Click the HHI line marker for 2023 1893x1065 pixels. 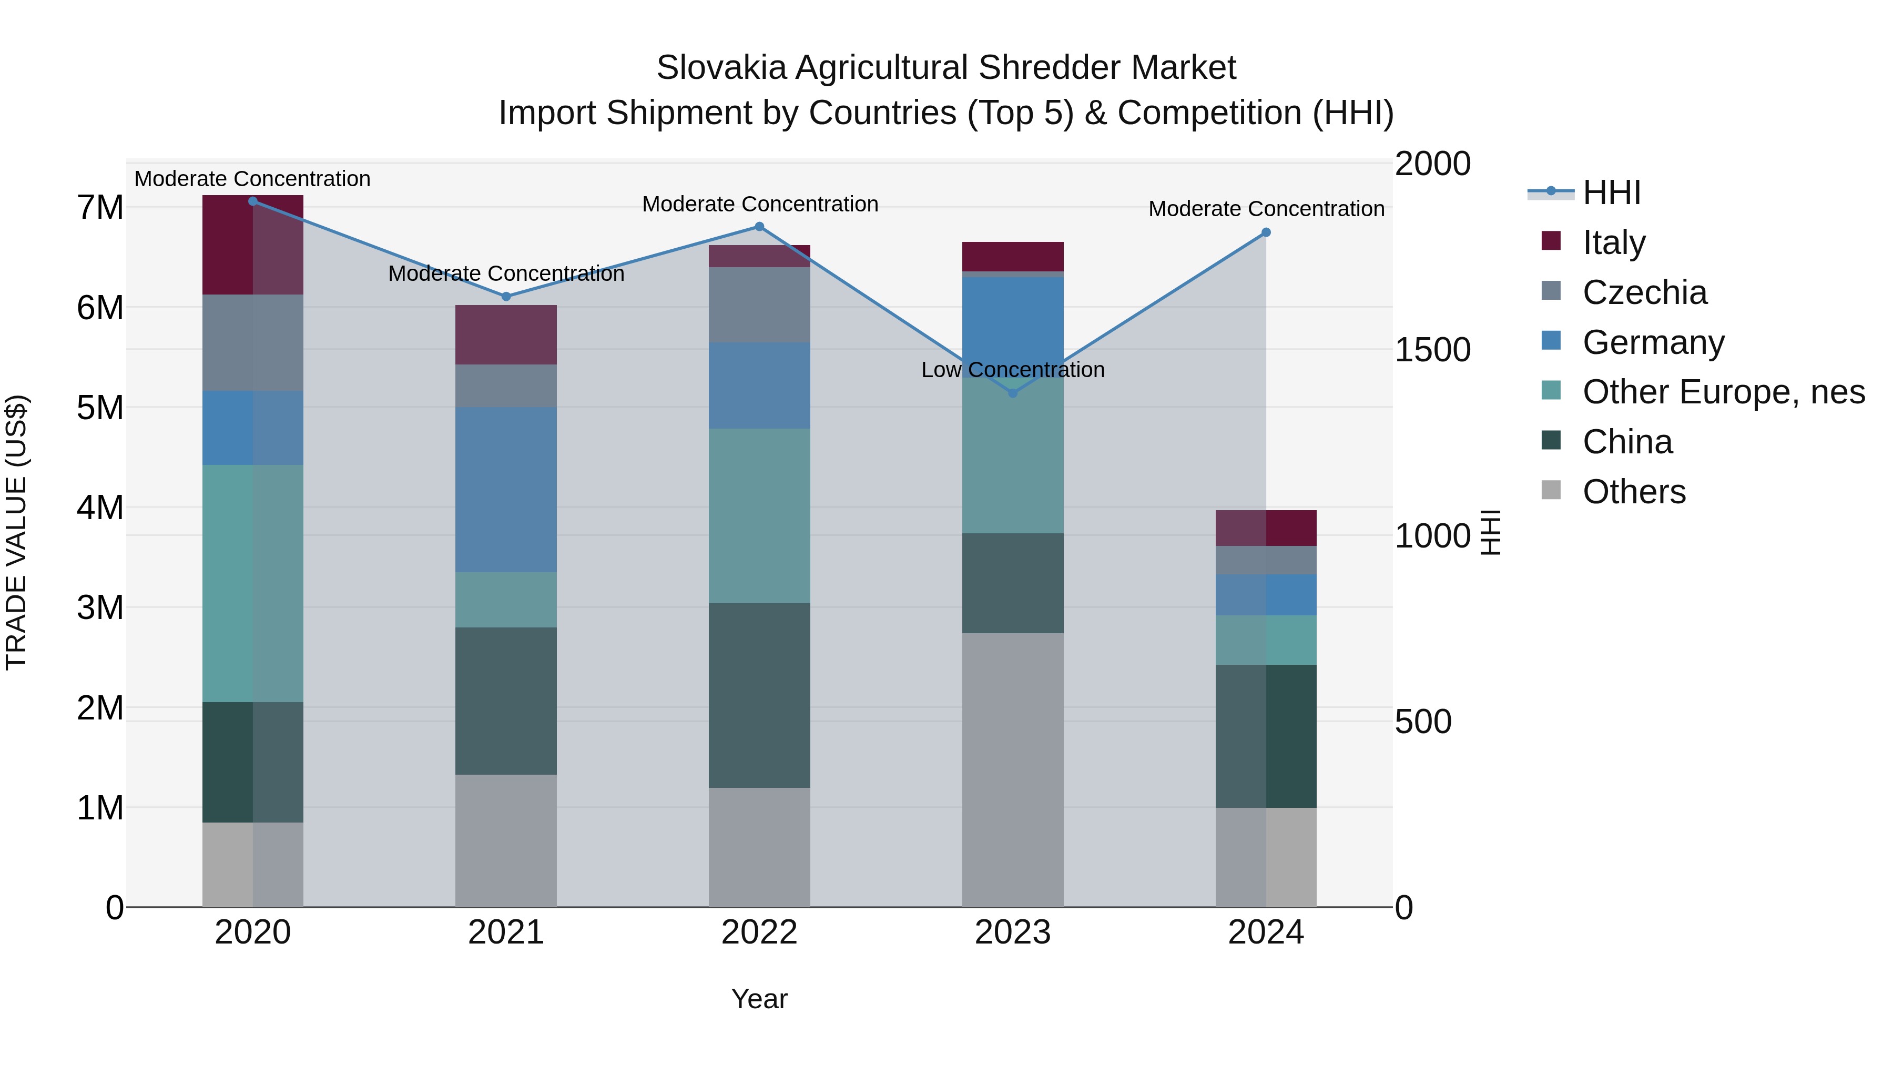click(x=1013, y=393)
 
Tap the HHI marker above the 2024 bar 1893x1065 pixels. click(x=1266, y=232)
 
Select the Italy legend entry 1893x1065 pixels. click(x=1614, y=242)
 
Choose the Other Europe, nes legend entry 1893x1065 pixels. click(x=1723, y=392)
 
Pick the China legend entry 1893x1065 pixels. click(x=1627, y=442)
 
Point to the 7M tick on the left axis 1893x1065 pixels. click(x=100, y=208)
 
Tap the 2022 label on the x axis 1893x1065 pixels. click(x=759, y=932)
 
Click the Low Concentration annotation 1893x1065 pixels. click(x=1013, y=370)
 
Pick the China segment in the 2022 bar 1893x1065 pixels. click(x=759, y=695)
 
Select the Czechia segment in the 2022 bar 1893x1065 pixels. click(x=759, y=305)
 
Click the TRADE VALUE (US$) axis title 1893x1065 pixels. click(x=17, y=532)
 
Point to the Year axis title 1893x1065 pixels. click(x=759, y=999)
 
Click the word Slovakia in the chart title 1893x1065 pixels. click(x=722, y=68)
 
